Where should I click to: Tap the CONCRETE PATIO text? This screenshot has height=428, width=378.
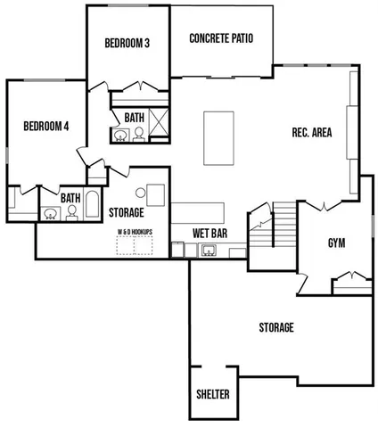click(x=222, y=39)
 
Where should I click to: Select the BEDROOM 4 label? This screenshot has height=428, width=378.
click(x=46, y=127)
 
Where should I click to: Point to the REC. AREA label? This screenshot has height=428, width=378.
click(x=312, y=133)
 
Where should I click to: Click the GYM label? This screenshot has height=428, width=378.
click(x=336, y=243)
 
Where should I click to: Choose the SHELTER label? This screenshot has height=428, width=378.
click(x=213, y=394)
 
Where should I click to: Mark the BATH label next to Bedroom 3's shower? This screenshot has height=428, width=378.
click(x=134, y=117)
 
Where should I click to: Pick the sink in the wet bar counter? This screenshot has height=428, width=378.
click(x=209, y=250)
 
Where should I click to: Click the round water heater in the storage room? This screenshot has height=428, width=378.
click(x=141, y=193)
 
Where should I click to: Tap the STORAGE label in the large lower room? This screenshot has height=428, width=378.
click(x=276, y=328)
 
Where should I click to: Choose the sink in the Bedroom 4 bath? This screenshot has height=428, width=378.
click(x=51, y=214)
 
